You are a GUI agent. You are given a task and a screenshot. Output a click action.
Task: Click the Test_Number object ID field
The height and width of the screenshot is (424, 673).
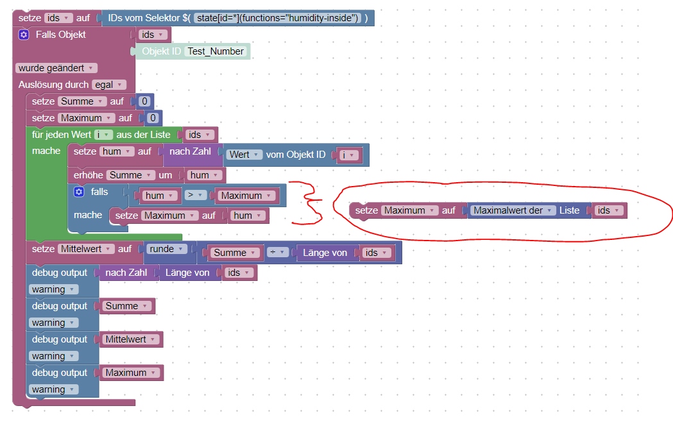pos(216,51)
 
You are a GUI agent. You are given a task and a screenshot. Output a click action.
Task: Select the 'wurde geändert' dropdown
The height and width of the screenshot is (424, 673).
pos(56,68)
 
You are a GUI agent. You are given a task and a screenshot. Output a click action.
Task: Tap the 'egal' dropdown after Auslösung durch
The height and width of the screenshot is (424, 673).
pos(109,85)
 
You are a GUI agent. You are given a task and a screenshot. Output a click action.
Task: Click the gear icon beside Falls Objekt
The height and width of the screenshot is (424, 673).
pos(24,35)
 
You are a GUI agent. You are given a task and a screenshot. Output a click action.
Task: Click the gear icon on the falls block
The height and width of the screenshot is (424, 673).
pos(79,192)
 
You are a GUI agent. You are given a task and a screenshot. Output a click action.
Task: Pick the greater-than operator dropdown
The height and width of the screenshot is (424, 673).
pos(195,195)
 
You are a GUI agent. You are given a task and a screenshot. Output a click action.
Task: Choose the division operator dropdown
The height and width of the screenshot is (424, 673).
pos(277,252)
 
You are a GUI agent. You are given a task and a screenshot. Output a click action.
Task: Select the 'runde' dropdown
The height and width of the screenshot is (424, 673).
pos(167,249)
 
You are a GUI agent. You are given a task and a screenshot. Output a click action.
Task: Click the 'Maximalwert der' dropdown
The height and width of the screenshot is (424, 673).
pos(512,210)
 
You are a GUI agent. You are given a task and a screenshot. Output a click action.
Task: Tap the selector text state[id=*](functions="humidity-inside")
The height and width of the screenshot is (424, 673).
pos(277,18)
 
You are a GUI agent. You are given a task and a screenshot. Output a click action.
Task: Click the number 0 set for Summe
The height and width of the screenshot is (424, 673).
pos(144,101)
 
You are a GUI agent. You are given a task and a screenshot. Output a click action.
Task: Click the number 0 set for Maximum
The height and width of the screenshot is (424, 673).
pos(153,118)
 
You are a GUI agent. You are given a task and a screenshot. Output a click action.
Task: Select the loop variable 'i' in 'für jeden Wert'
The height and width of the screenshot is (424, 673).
pos(103,135)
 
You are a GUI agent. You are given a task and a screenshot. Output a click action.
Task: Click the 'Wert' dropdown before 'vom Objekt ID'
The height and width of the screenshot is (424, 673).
pos(244,155)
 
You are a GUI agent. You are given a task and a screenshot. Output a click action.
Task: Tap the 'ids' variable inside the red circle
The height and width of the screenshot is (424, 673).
pos(609,210)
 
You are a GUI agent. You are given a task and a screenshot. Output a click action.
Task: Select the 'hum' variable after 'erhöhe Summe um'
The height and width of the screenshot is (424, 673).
pos(205,175)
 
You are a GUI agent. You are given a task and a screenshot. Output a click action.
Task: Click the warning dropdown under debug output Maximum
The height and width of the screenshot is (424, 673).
pos(54,389)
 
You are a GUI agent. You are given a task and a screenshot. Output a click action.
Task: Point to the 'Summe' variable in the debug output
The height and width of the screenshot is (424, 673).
pos(126,306)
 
